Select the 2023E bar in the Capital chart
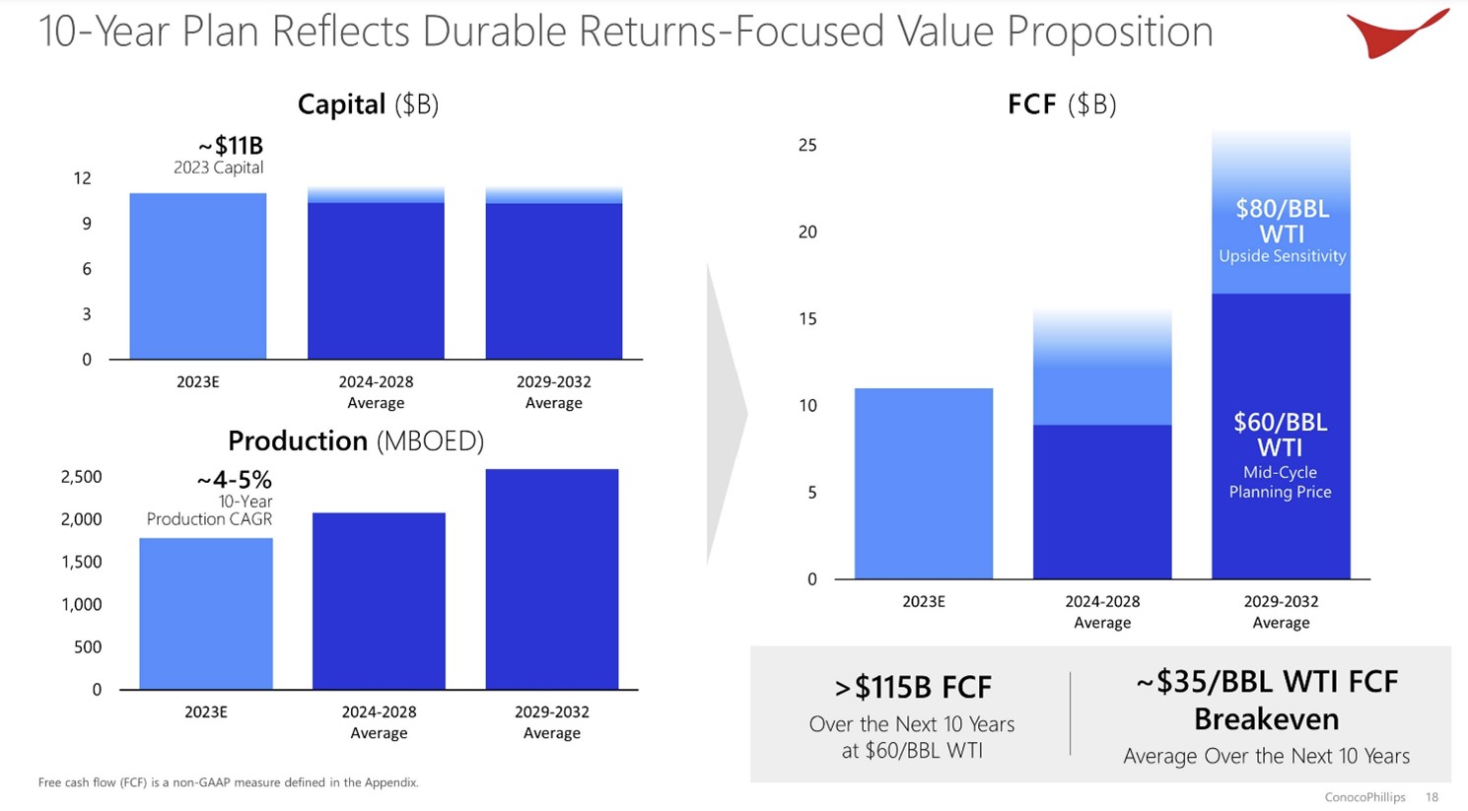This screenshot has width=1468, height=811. pyautogui.click(x=198, y=276)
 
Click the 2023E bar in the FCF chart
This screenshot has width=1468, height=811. pyautogui.click(x=923, y=483)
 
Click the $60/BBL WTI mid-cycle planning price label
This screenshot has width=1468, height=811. pyautogui.click(x=1280, y=454)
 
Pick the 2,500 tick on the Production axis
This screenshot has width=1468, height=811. pyautogui.click(x=81, y=477)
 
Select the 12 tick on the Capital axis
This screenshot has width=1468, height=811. pyautogui.click(x=82, y=178)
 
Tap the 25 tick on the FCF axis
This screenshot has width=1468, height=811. pyautogui.click(x=807, y=146)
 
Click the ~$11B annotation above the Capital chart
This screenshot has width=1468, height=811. pyautogui.click(x=231, y=146)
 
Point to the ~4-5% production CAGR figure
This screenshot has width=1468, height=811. pyautogui.click(x=234, y=480)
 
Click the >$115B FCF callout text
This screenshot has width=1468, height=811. pyautogui.click(x=913, y=687)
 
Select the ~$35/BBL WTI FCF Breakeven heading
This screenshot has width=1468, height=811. pyautogui.click(x=1266, y=700)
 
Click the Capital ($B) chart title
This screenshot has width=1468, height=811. pyautogui.click(x=368, y=104)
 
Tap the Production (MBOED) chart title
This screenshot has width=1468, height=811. pyautogui.click(x=356, y=440)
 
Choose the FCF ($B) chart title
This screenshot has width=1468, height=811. pyautogui.click(x=1062, y=104)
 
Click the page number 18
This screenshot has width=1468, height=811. pyautogui.click(x=1432, y=797)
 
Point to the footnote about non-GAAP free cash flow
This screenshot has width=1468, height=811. pyautogui.click(x=229, y=782)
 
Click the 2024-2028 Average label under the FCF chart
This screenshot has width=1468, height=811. pyautogui.click(x=1102, y=612)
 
